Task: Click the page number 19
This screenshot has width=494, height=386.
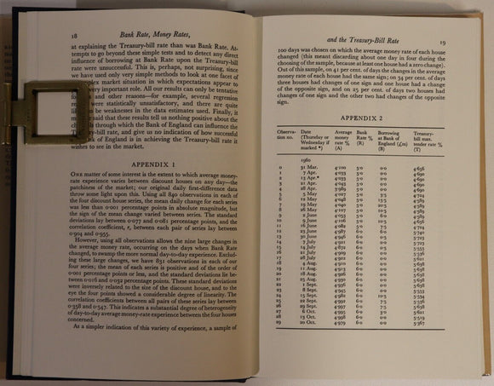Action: [466, 39]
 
